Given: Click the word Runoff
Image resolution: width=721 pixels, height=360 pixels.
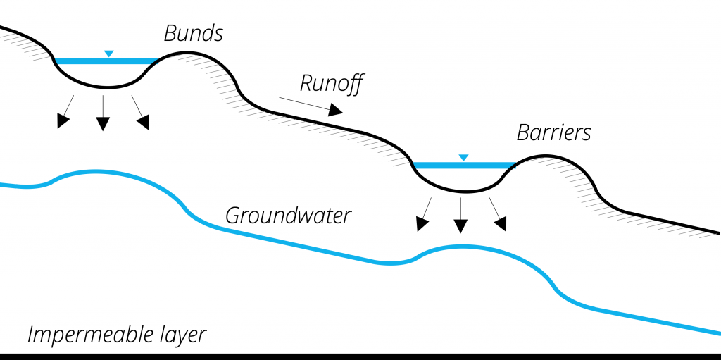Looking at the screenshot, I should click(331, 83).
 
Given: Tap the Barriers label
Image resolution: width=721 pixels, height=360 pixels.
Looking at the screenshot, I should click(553, 132).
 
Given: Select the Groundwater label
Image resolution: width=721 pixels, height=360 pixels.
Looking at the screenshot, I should click(288, 215).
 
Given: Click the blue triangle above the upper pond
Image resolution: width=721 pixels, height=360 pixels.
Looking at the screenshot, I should click(108, 54).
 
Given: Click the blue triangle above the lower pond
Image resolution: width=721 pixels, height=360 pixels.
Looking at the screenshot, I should click(463, 158).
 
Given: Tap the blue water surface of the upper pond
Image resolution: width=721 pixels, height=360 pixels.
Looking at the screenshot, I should click(106, 61).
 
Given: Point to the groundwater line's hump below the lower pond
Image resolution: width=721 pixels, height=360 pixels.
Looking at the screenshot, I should click(461, 247).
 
